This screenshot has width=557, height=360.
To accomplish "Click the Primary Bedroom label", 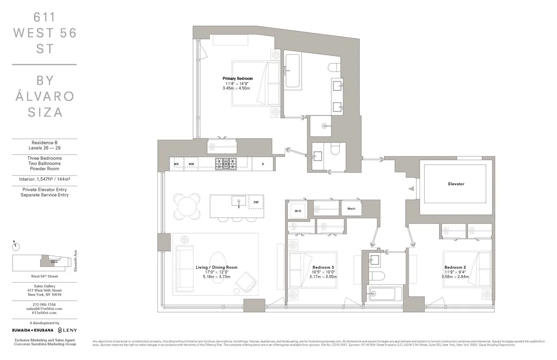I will coord(238,78).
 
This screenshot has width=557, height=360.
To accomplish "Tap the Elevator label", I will coord(456,184).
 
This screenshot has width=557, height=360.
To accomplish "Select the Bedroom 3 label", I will coord(323,267).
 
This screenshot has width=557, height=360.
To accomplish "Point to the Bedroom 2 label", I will coord(455,267).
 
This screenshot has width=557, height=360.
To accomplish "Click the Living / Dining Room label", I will coord(216,267).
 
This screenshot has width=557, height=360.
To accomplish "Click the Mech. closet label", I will coord(351,209).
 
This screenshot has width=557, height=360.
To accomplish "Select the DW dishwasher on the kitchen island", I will coord(256,202).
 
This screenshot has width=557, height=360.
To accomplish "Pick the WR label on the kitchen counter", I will coord(176,164).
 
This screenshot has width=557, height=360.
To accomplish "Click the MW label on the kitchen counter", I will coord(191,164).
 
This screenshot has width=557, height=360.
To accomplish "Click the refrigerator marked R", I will coord(263,164).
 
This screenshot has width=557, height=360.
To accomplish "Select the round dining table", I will coord(188,204).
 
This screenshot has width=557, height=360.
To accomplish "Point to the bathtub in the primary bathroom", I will coord(292,71).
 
